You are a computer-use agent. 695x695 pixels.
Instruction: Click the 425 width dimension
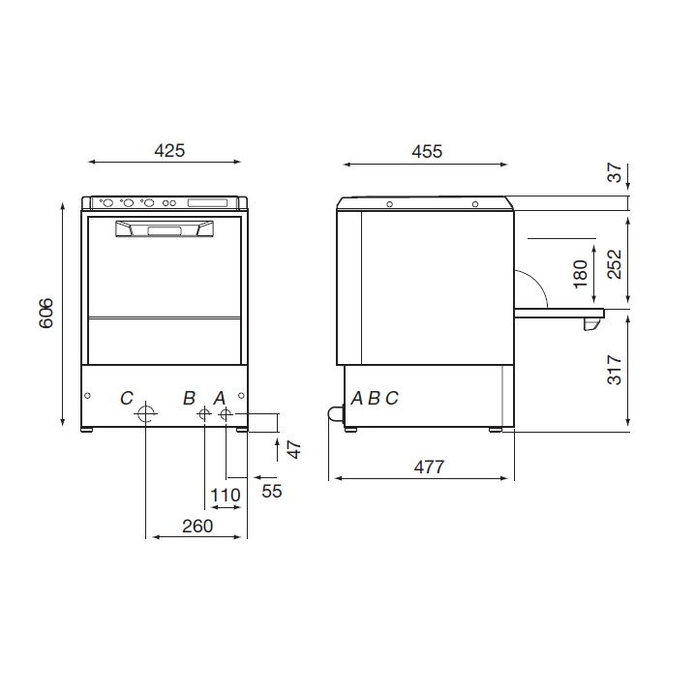[169, 151]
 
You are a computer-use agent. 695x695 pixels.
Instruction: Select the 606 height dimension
[46, 314]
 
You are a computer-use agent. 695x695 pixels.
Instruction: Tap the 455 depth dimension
[427, 152]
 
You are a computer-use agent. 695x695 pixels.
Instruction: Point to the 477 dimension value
[429, 468]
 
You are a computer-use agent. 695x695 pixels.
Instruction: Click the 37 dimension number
[615, 172]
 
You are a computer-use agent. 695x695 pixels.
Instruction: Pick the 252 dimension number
[615, 264]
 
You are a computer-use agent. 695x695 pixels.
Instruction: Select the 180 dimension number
[580, 274]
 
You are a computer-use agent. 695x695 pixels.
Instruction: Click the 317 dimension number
[615, 370]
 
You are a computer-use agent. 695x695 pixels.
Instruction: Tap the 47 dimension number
[294, 449]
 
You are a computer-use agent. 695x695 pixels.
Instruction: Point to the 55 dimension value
[272, 491]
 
